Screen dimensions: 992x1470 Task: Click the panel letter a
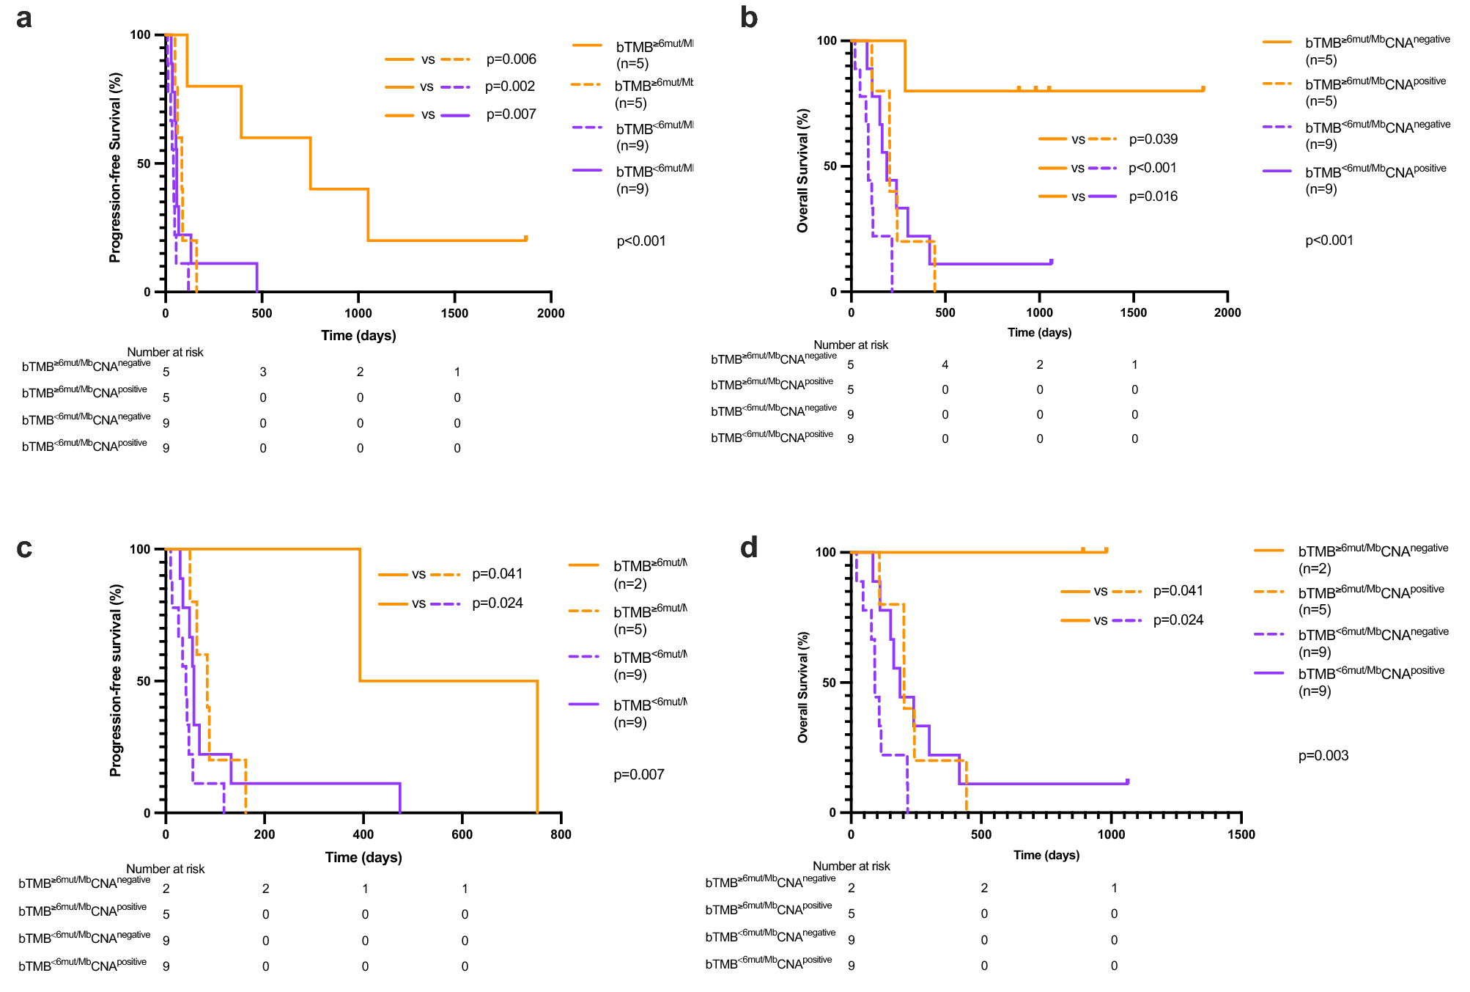(23, 18)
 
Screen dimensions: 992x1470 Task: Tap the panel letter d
(748, 548)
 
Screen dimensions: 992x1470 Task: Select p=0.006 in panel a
(511, 59)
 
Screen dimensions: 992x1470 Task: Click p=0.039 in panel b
(1153, 139)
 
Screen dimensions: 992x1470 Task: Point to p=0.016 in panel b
(1153, 196)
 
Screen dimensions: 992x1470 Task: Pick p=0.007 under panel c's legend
(638, 775)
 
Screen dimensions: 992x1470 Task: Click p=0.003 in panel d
(1323, 756)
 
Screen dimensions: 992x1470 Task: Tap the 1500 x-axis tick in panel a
(454, 313)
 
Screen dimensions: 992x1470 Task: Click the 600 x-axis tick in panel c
(462, 834)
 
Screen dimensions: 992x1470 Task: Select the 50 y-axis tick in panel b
(830, 166)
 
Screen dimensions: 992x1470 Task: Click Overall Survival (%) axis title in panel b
(803, 171)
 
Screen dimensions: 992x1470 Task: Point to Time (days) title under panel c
(363, 857)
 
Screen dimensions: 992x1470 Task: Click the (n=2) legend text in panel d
(1315, 569)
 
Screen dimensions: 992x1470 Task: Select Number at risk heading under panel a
(165, 353)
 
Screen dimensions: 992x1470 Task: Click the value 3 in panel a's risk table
(263, 372)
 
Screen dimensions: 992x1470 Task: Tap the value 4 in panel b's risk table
(945, 365)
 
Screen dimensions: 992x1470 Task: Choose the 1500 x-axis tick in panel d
(1241, 834)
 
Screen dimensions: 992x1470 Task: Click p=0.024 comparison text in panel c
(497, 603)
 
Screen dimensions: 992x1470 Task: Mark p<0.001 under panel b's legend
(1329, 240)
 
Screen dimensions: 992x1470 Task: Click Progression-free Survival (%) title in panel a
(115, 167)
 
